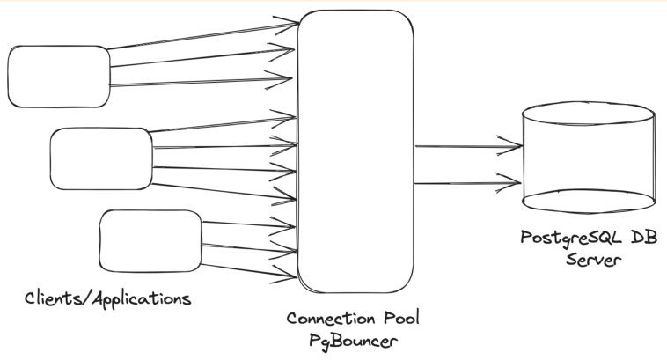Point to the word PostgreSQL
click(564, 239)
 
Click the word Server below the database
click(591, 261)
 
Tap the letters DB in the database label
click(637, 239)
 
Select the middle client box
click(99, 158)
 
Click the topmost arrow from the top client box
click(202, 34)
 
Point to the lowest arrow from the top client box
click(202, 84)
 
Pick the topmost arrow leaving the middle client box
click(220, 124)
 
